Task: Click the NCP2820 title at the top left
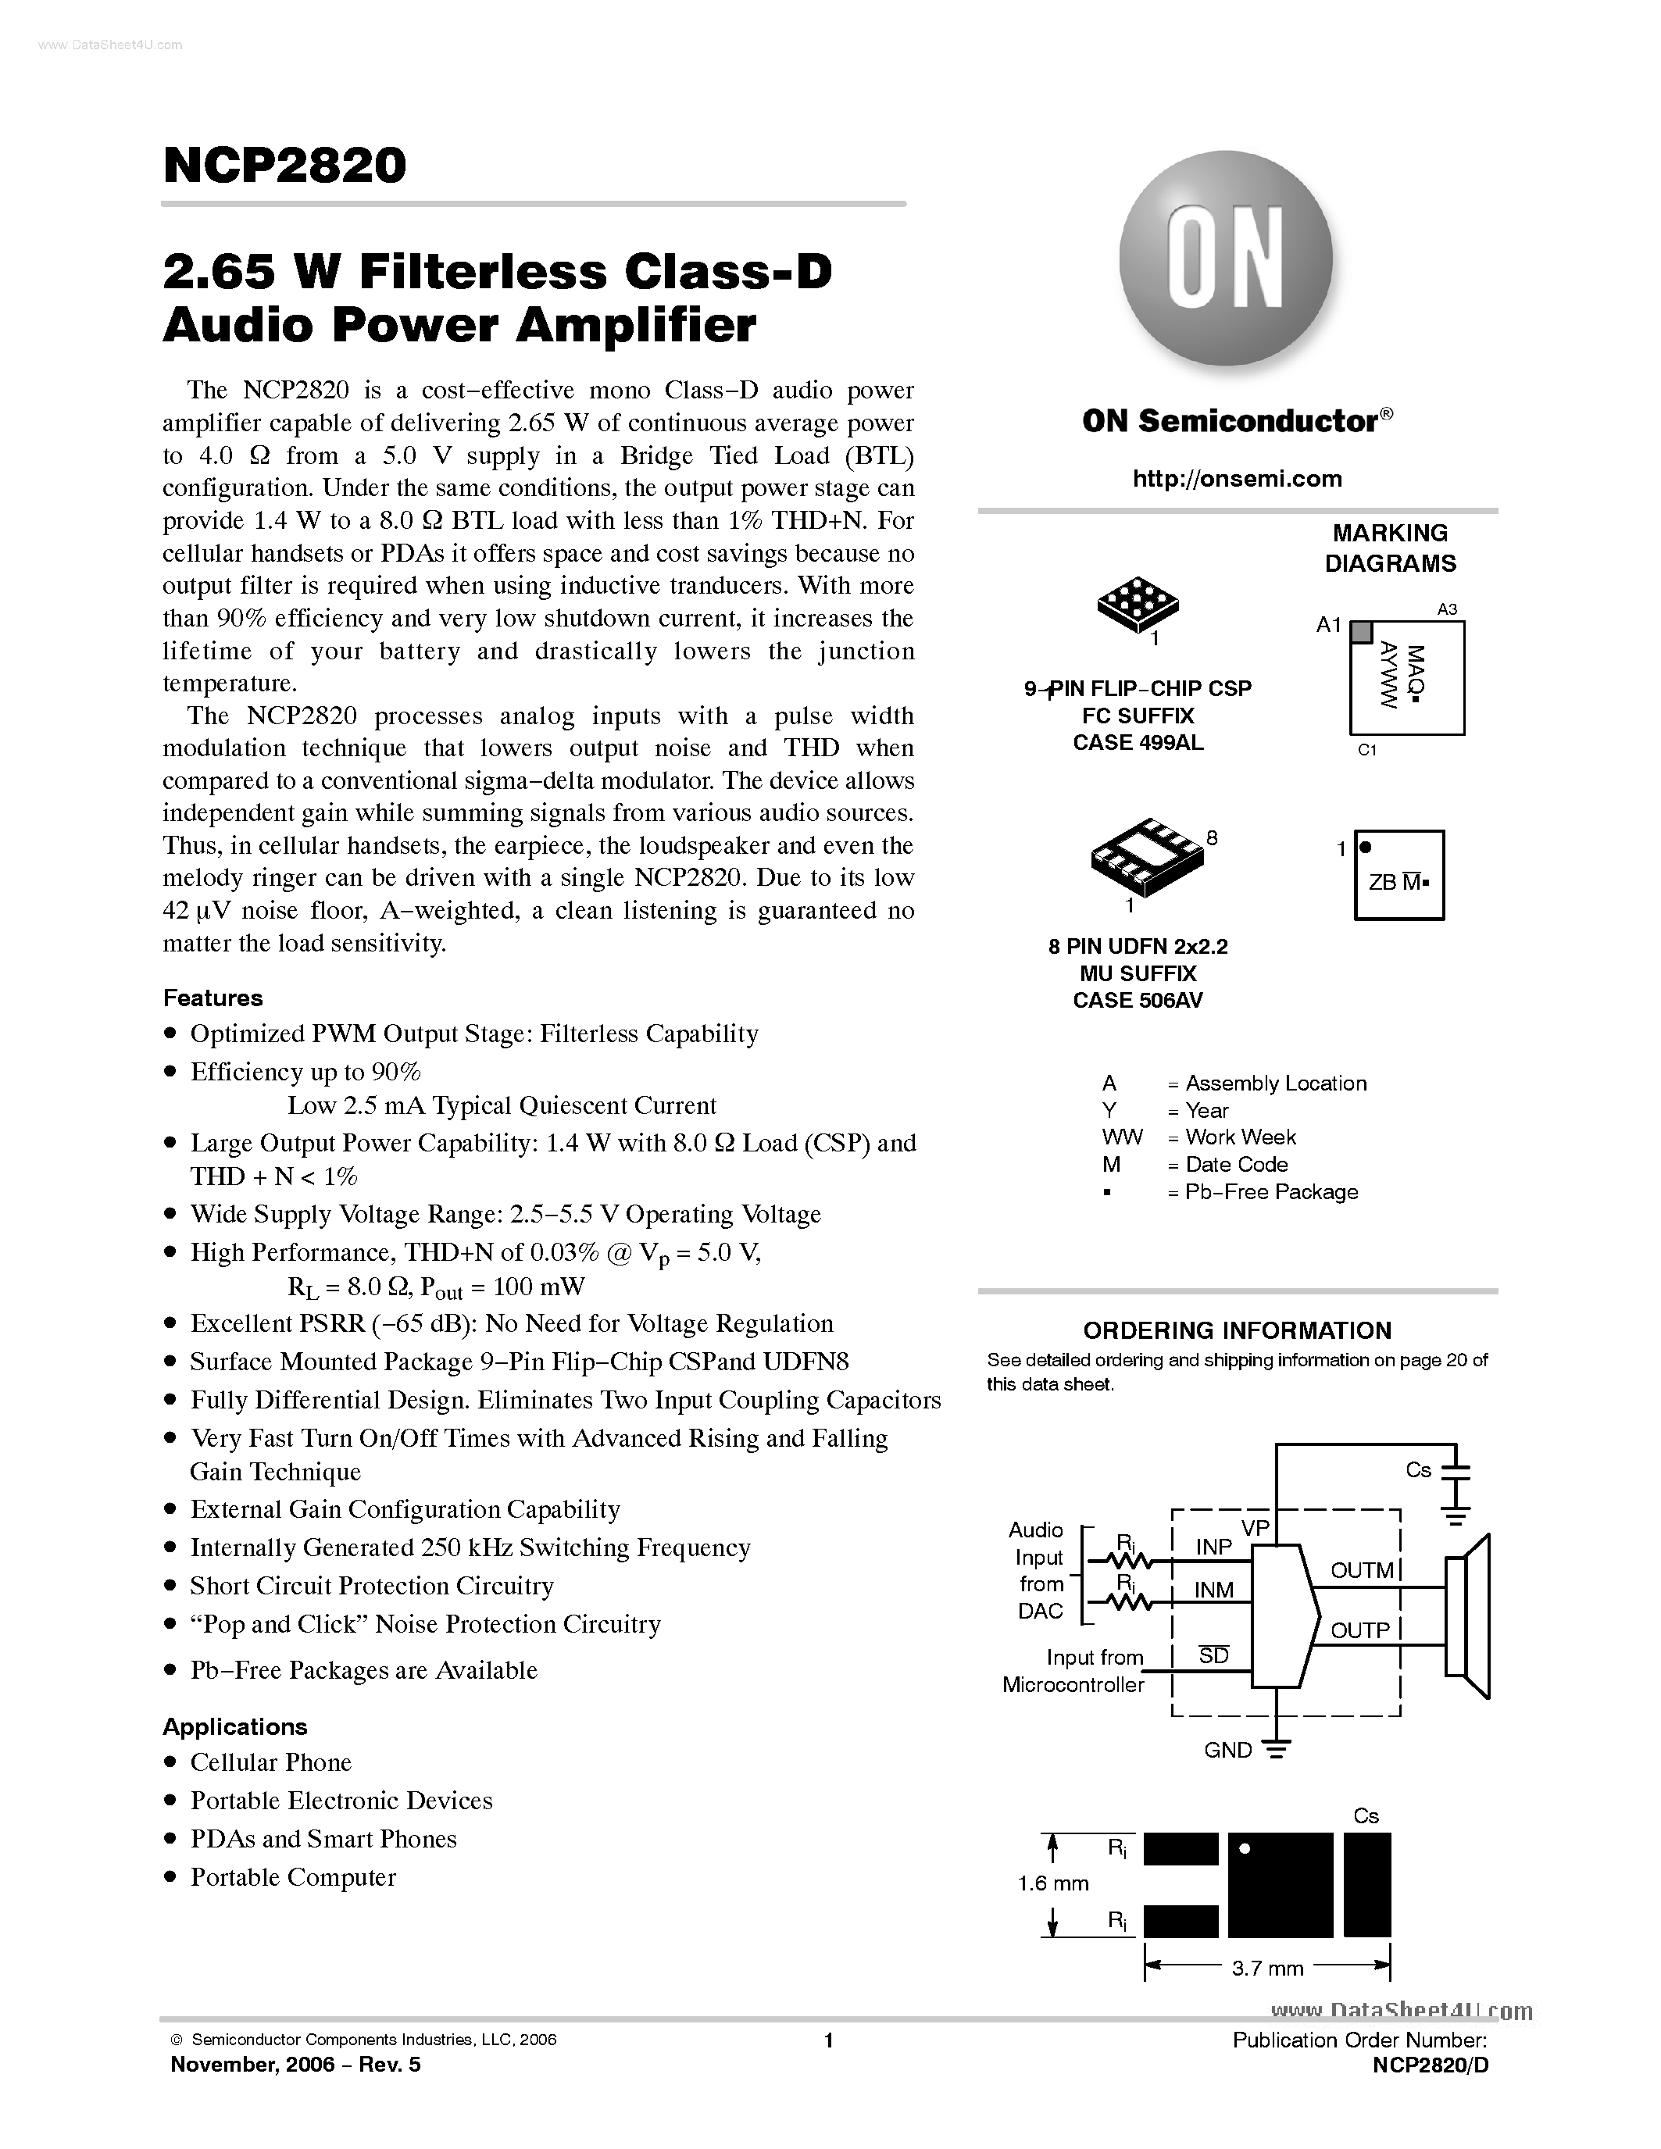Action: pos(284,166)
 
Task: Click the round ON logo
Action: pos(1226,258)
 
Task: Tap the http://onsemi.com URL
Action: pos(1237,479)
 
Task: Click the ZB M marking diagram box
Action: pos(1398,876)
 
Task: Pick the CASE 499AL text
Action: pos(1138,743)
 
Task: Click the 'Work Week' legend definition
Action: pos(1240,1137)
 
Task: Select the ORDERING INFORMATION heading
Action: pos(1237,1330)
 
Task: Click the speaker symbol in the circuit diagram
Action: pos(1467,1615)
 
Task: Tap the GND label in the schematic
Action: pos(1228,1751)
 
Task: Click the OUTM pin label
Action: pos(1362,1570)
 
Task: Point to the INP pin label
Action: pos(1213,1547)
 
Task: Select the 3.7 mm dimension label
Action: pos(1267,1968)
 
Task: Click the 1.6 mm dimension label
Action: pos(1053,1883)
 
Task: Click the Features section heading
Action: pos(213,998)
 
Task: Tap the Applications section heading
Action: pos(234,1727)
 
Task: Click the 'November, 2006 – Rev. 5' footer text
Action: pos(295,2065)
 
